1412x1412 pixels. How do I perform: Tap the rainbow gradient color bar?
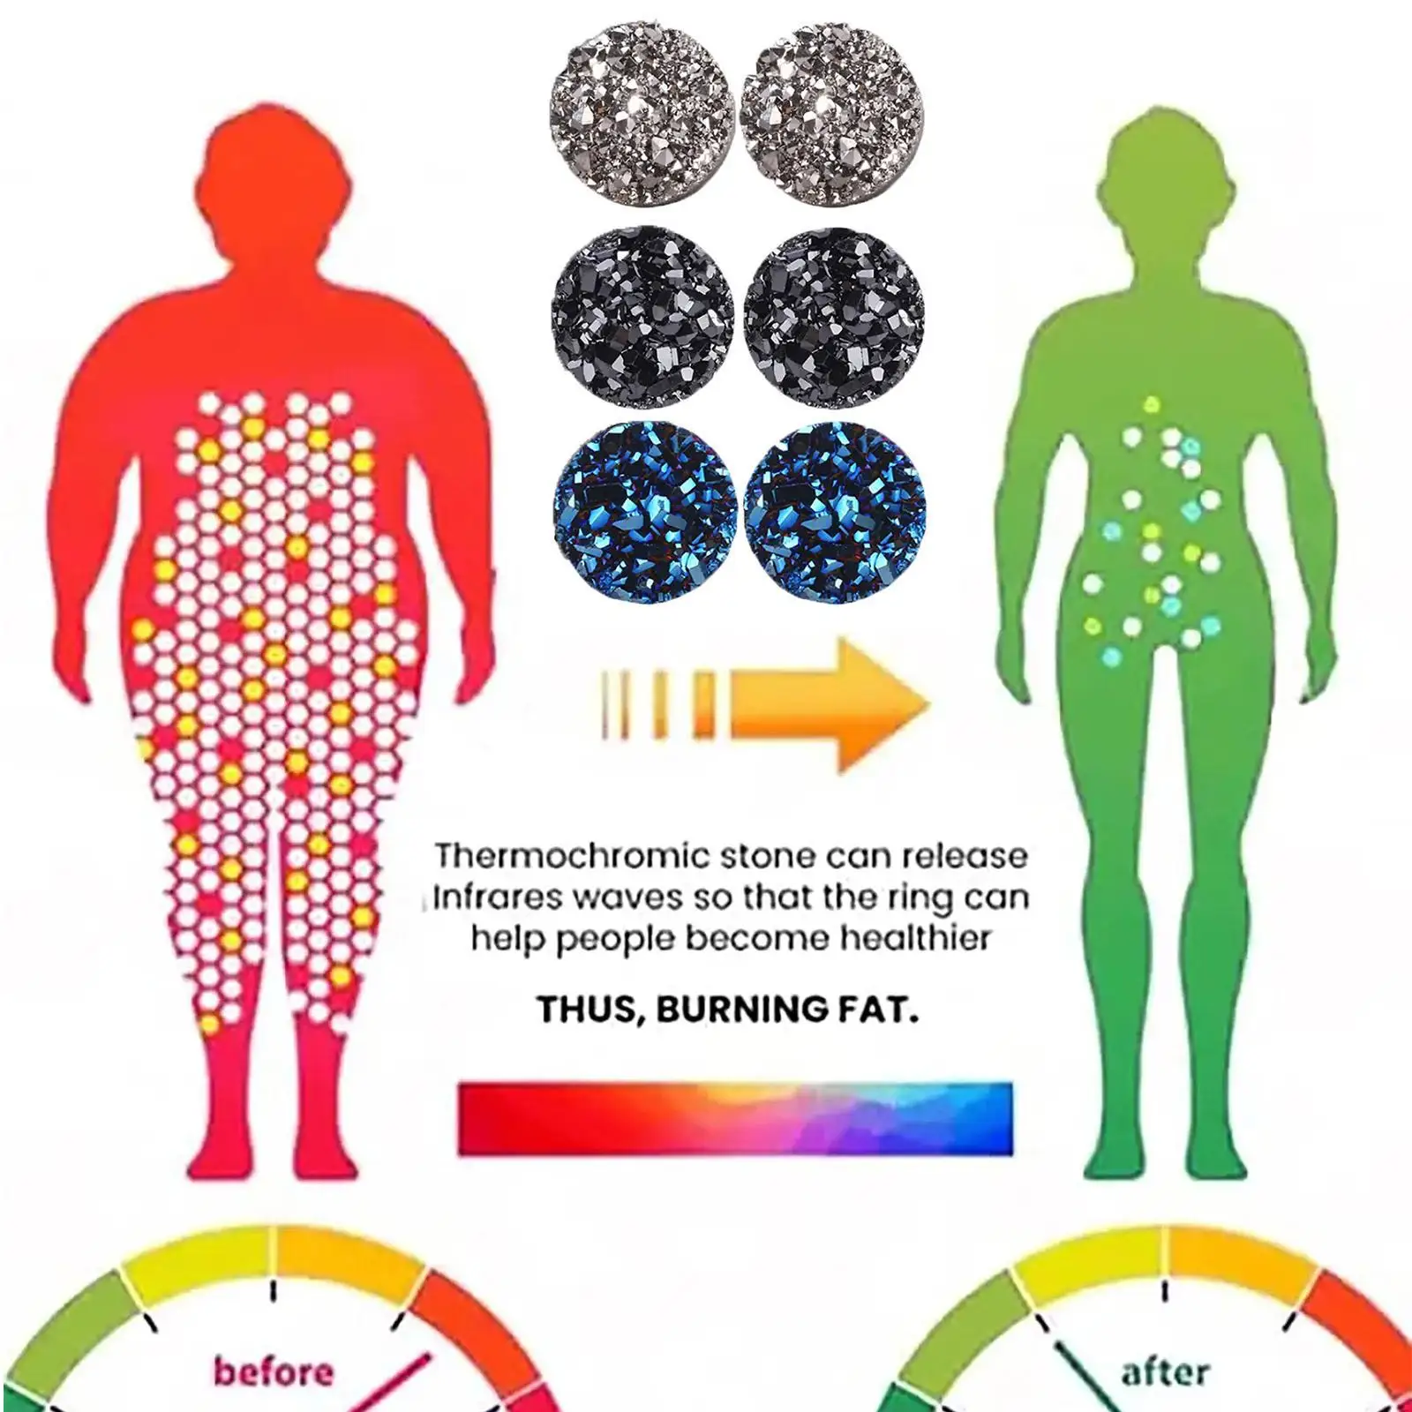(735, 1118)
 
